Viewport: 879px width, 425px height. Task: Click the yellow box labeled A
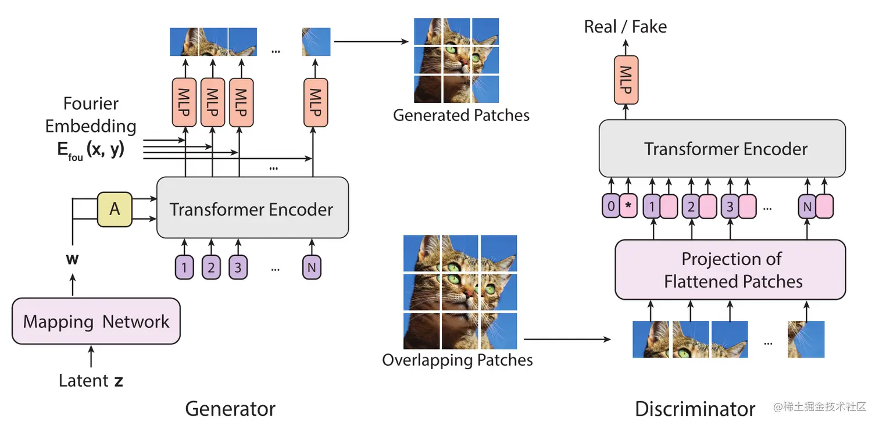[115, 209]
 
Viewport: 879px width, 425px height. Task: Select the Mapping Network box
[96, 322]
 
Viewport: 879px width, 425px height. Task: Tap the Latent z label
[91, 381]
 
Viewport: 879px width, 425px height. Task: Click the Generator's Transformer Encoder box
[252, 209]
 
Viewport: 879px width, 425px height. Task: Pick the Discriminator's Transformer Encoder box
[723, 149]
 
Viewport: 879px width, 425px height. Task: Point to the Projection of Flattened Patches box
[731, 270]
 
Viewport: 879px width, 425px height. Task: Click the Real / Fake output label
[625, 27]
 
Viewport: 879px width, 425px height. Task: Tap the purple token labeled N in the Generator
[312, 267]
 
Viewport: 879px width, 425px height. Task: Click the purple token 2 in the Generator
[211, 267]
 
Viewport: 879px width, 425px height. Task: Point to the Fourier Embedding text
[91, 115]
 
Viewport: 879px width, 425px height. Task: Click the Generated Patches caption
[461, 115]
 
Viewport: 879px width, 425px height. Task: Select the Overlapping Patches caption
[457, 360]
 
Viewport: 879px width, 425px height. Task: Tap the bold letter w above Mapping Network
[72, 259]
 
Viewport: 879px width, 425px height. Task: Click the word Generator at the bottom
[230, 409]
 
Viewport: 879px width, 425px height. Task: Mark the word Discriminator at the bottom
[695, 409]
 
